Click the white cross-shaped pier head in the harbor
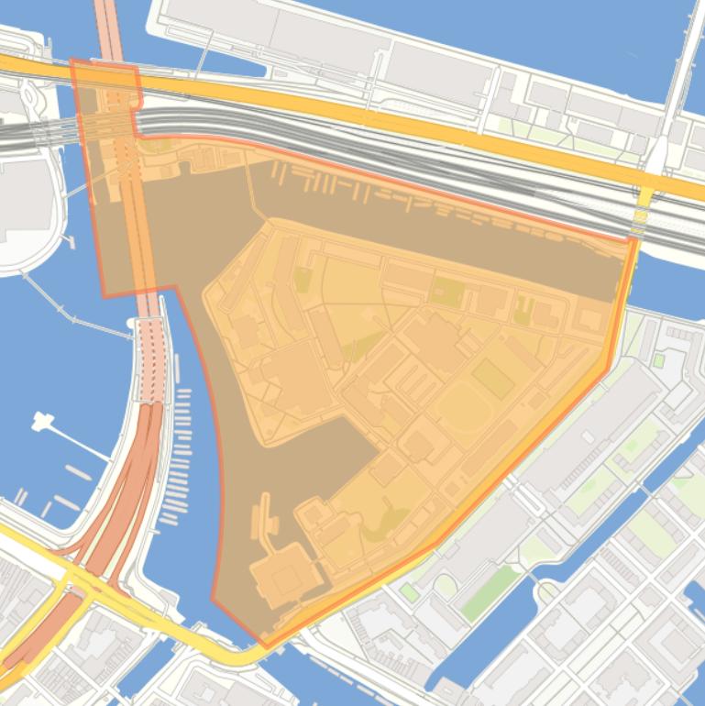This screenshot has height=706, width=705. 41,423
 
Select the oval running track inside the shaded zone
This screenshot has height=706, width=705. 463,413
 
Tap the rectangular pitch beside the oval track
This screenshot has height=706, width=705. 492,378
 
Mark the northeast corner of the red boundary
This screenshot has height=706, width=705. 635,240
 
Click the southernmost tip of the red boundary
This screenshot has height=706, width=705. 265,646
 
